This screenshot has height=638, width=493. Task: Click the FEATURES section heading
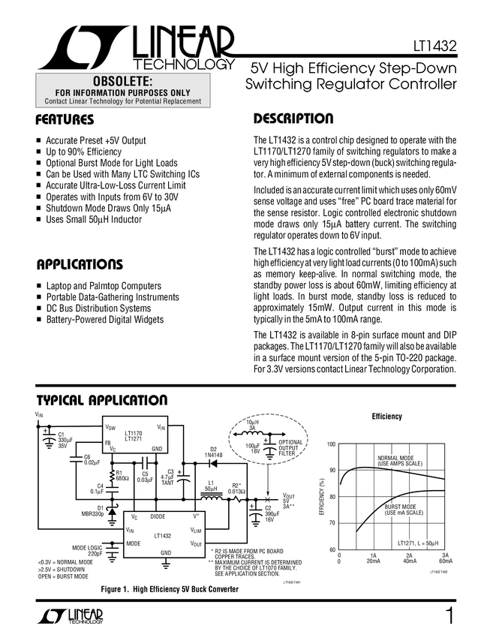tap(65, 120)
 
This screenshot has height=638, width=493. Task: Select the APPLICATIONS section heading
tap(80, 265)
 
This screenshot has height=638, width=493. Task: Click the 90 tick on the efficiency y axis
tap(331, 471)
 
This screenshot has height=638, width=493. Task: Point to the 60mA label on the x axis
tap(445, 561)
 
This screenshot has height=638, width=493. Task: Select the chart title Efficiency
tap(387, 417)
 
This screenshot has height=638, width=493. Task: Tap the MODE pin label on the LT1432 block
tap(134, 543)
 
